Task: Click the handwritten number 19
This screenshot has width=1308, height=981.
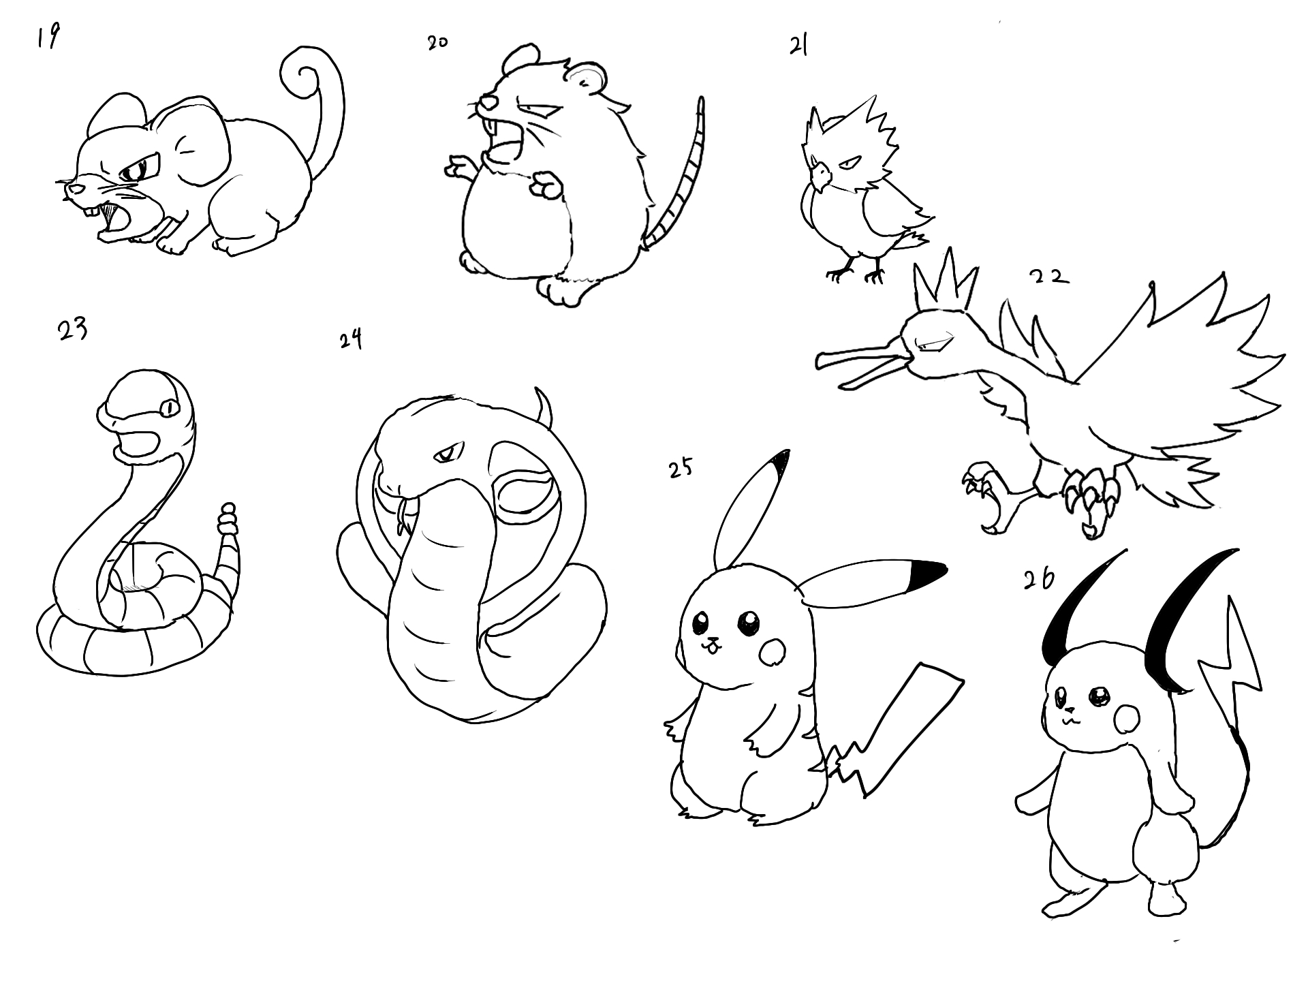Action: pos(48,37)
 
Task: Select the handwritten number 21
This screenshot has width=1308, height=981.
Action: pos(798,46)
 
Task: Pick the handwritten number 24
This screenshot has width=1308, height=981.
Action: pos(350,339)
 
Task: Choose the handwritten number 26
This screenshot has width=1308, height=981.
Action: pos(1039,578)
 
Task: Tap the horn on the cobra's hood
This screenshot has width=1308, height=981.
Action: pos(543,405)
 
